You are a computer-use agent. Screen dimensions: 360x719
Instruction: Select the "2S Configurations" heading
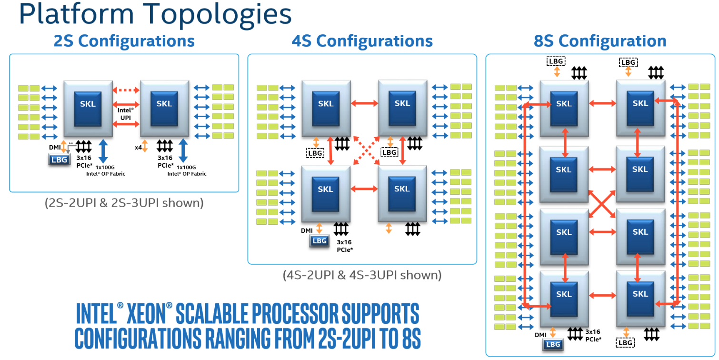pyautogui.click(x=124, y=41)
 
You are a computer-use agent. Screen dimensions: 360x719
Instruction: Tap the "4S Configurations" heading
pyautogui.click(x=362, y=41)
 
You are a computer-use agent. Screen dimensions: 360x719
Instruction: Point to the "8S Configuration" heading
pyautogui.click(x=600, y=41)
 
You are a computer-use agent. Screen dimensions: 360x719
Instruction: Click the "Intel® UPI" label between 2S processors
pyautogui.click(x=126, y=113)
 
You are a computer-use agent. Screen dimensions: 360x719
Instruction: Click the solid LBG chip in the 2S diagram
pyautogui.click(x=59, y=160)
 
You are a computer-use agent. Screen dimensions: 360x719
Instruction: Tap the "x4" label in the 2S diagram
pyautogui.click(x=138, y=148)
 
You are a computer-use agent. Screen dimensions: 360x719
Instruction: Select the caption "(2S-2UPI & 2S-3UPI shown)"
pyautogui.click(x=124, y=203)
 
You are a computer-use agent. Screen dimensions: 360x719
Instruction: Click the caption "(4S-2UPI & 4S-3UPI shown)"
pyautogui.click(x=362, y=275)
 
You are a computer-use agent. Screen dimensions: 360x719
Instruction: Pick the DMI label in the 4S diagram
pyautogui.click(x=307, y=230)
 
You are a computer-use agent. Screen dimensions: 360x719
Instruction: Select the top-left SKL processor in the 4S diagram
pyautogui.click(x=326, y=104)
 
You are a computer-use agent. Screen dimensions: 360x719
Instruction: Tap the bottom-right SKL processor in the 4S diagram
pyautogui.click(x=402, y=189)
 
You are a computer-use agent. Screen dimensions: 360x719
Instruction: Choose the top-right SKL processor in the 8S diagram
pyautogui.click(x=640, y=103)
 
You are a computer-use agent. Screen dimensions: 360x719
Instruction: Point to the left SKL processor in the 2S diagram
pyautogui.click(x=88, y=104)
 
